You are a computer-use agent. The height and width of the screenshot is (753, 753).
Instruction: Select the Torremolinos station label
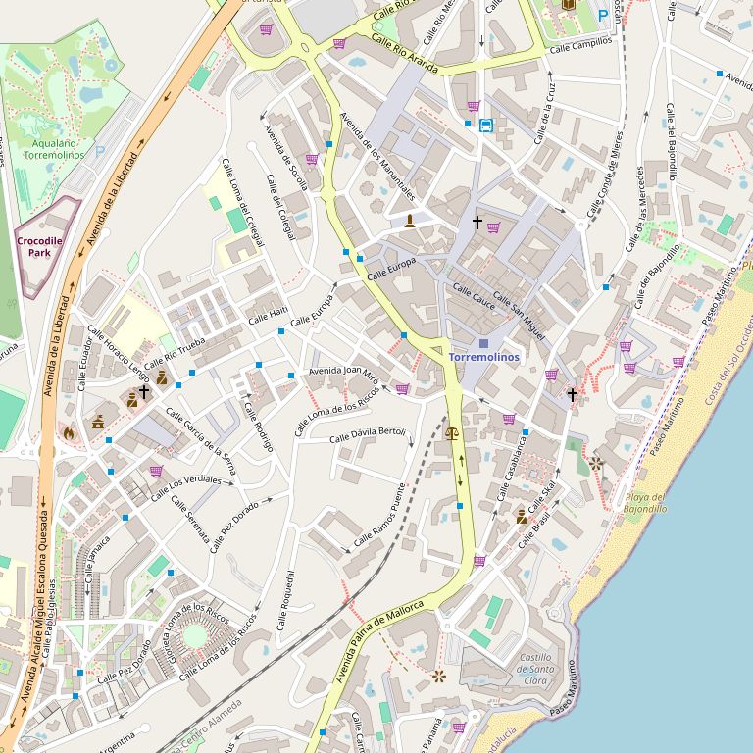[x=484, y=358]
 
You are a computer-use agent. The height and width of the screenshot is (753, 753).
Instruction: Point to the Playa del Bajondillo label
[x=645, y=503]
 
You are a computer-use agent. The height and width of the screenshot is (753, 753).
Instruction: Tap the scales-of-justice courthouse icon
[x=451, y=431]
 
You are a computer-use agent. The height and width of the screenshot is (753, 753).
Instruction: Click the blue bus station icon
[x=486, y=125]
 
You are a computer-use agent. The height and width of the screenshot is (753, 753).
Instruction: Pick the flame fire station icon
[x=69, y=430]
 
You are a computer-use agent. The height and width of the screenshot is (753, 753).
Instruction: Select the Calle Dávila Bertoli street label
[x=368, y=433]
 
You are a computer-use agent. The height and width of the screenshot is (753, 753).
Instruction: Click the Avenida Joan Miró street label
[x=343, y=372]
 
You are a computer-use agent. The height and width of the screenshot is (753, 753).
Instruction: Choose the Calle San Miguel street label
[x=519, y=309]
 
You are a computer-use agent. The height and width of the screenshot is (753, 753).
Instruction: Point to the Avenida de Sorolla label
[x=285, y=157]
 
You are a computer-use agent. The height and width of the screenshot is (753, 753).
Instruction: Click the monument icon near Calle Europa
[x=409, y=220]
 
